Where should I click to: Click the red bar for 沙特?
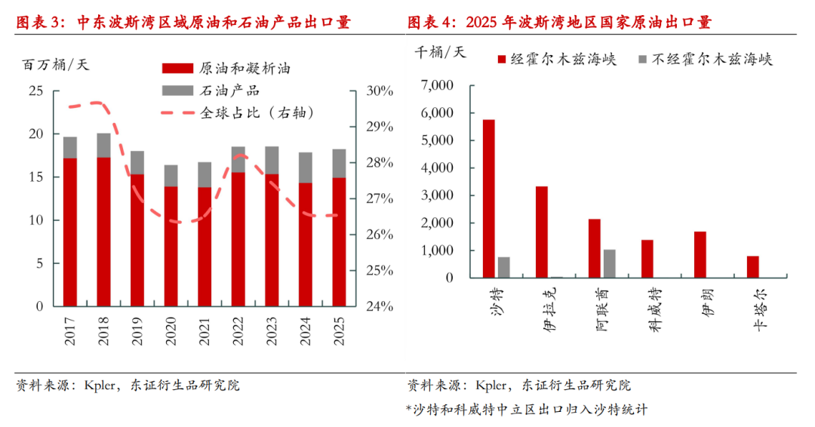tap(489, 198)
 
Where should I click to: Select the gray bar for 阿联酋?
tap(609, 263)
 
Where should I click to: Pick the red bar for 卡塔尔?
tap(753, 266)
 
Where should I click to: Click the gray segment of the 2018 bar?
tap(103, 146)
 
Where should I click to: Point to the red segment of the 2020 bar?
tap(171, 246)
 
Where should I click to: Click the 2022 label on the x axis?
tap(238, 330)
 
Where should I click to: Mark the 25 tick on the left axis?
tap(35, 91)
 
